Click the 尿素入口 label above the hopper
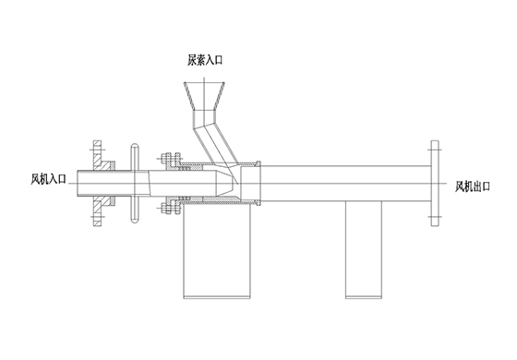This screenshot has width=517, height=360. pos(205,60)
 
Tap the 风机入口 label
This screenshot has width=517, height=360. pos(48,179)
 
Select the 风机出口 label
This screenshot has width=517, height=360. pos(473,186)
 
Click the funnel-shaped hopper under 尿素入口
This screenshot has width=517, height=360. pos(204,96)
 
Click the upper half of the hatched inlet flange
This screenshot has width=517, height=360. pos(101,156)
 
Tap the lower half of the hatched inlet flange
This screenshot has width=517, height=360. pos(101,211)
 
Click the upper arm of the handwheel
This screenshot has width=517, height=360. pos(135,157)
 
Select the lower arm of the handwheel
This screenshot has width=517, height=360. pos(135,210)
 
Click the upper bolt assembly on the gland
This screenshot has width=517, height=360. pos(170,159)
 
